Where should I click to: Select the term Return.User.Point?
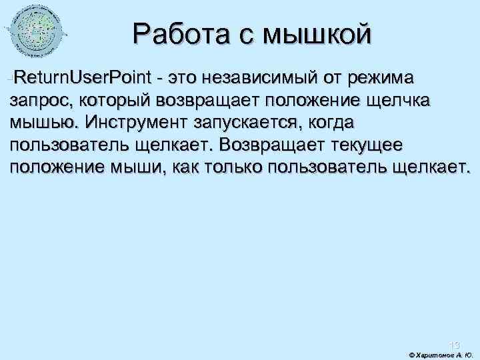pos(83,78)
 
